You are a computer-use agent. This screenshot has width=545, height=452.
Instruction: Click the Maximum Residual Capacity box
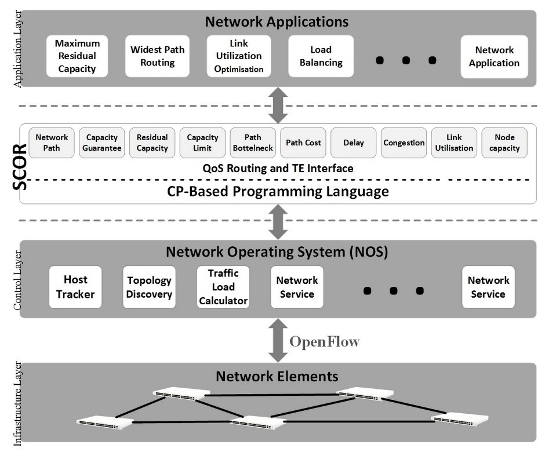point(77,56)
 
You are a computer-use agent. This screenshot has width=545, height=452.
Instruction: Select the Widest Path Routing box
point(157,56)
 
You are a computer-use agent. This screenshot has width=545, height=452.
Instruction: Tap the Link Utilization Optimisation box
point(239,56)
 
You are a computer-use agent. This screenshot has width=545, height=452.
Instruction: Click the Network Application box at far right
point(494,56)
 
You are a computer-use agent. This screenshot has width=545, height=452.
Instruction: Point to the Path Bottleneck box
point(253,143)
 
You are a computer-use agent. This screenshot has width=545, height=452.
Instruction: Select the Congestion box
point(404,143)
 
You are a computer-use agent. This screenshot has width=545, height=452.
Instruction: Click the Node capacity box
point(504,143)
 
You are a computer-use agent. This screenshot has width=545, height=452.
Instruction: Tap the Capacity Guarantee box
point(102,143)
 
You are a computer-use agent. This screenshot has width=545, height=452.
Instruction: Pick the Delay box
point(354,143)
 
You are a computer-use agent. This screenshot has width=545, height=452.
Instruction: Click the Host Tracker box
point(75,287)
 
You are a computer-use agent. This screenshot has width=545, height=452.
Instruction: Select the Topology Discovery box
point(150,287)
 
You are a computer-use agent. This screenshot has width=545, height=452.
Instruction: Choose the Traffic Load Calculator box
point(223,287)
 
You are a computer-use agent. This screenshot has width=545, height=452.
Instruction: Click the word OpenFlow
point(324,341)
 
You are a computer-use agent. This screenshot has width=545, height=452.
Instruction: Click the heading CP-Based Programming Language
point(278,191)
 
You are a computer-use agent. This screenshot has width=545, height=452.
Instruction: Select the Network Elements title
point(277,376)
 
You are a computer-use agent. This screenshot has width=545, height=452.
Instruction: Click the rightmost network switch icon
point(460,418)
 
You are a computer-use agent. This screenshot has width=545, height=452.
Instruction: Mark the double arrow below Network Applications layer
point(278,105)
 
